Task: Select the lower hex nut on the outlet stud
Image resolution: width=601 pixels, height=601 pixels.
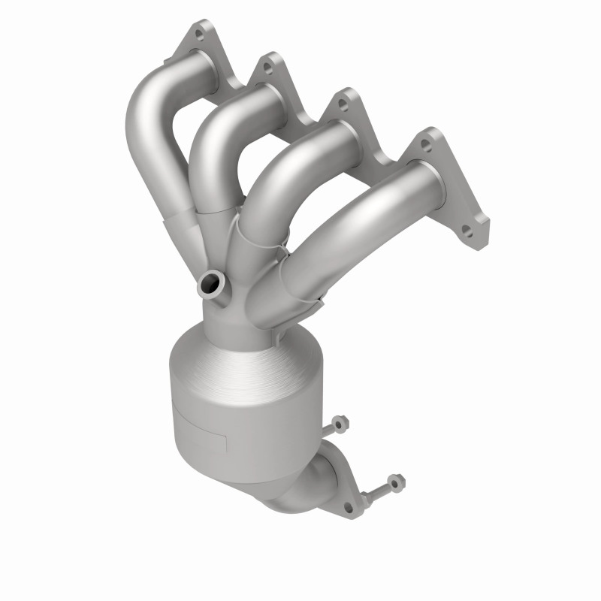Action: point(394,482)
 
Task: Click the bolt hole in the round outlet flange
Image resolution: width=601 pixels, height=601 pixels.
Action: point(349,508)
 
